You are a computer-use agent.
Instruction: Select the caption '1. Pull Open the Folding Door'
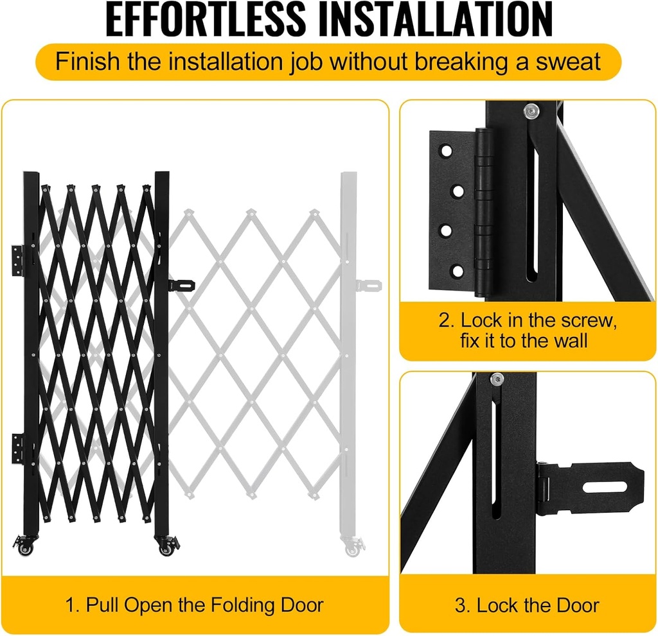[195, 604]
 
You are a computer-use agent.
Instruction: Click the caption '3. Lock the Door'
[527, 605]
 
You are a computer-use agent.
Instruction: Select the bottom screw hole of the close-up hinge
[457, 271]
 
